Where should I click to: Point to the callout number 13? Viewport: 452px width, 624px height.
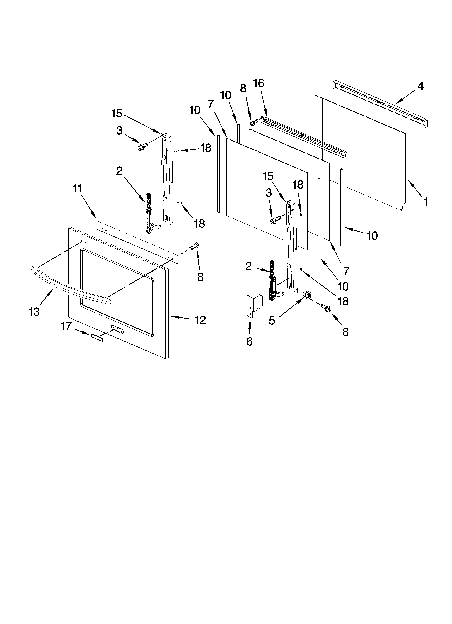point(34,312)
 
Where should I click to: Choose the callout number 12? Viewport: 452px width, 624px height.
point(200,320)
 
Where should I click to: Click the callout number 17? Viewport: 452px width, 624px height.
point(66,326)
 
